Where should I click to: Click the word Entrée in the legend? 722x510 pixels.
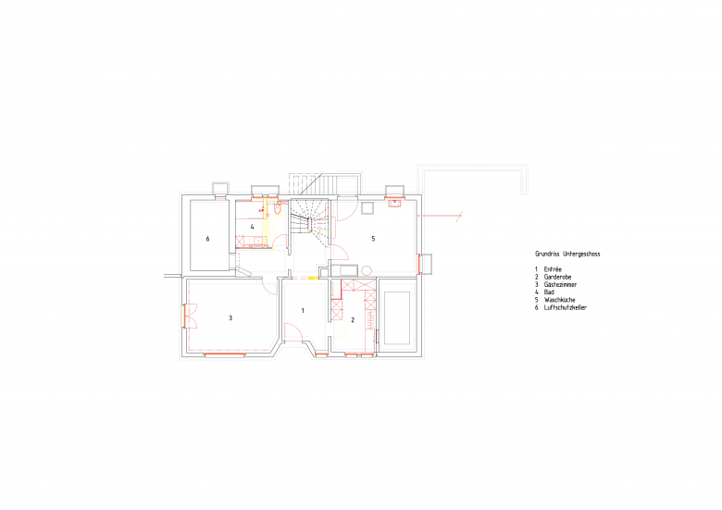(553, 269)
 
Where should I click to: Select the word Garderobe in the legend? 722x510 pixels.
(557, 277)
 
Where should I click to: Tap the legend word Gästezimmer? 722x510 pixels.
(560, 285)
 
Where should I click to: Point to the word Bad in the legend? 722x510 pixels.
(549, 292)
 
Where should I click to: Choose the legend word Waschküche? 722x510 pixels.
(559, 300)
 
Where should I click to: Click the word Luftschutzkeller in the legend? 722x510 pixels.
(565, 307)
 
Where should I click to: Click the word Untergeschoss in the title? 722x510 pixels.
(581, 254)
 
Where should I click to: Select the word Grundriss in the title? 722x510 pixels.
(547, 254)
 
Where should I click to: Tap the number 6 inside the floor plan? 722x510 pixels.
(207, 239)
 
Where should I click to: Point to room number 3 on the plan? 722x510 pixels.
(230, 318)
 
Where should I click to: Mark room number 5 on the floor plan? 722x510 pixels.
(373, 239)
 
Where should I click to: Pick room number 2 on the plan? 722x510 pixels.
(353, 320)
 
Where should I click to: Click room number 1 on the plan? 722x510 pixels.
(303, 311)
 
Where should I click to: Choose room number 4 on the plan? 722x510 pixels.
(253, 227)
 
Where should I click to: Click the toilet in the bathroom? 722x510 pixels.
(277, 208)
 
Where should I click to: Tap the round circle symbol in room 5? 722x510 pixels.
(367, 270)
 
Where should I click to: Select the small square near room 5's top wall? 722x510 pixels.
(367, 208)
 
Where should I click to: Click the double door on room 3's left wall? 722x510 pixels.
(190, 316)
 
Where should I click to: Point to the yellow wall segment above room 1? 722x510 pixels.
(313, 278)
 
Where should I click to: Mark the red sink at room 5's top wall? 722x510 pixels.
(395, 203)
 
